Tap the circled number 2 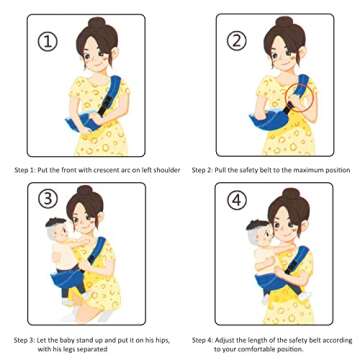click(237, 41)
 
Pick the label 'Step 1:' click(26, 170)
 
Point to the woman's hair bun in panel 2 click(281, 24)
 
